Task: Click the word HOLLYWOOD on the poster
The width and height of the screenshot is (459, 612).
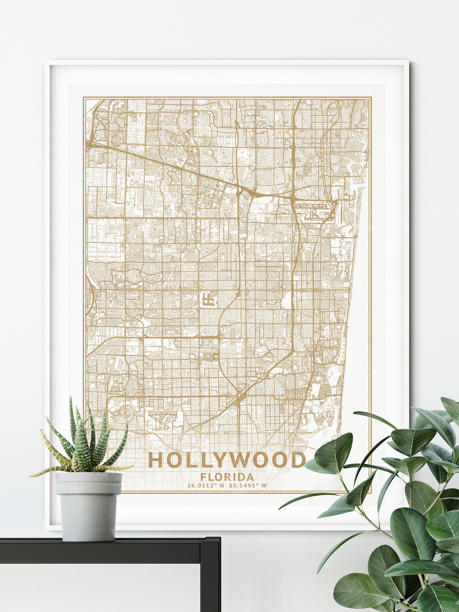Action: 227,460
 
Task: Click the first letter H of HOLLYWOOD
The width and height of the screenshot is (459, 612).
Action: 156,460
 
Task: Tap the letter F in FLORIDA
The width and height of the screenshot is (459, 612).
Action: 203,477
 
